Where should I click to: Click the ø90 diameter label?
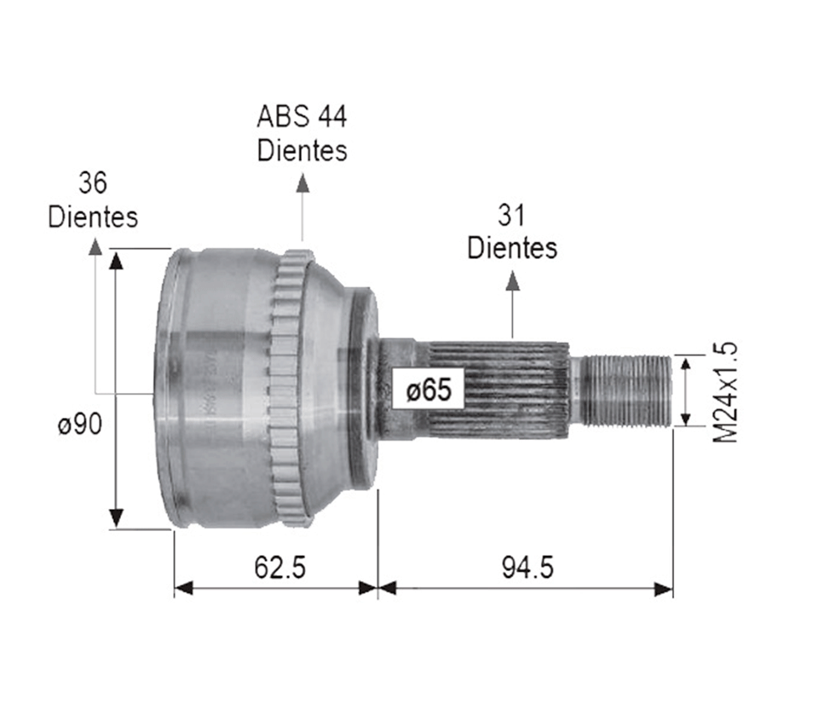point(80,424)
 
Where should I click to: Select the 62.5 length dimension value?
point(279,567)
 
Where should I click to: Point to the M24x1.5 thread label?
point(725,392)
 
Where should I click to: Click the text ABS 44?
point(302,116)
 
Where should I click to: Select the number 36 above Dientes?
point(93,182)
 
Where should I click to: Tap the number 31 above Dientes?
point(511,216)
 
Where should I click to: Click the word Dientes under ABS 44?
point(302,150)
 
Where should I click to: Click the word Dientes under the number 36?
point(93,217)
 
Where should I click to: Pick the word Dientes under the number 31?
point(512,248)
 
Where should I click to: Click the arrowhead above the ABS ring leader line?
point(302,182)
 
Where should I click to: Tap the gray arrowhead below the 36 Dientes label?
point(95,246)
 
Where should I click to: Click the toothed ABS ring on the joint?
point(288,388)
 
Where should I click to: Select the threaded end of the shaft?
point(631,390)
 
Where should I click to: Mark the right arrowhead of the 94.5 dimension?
point(664,588)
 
